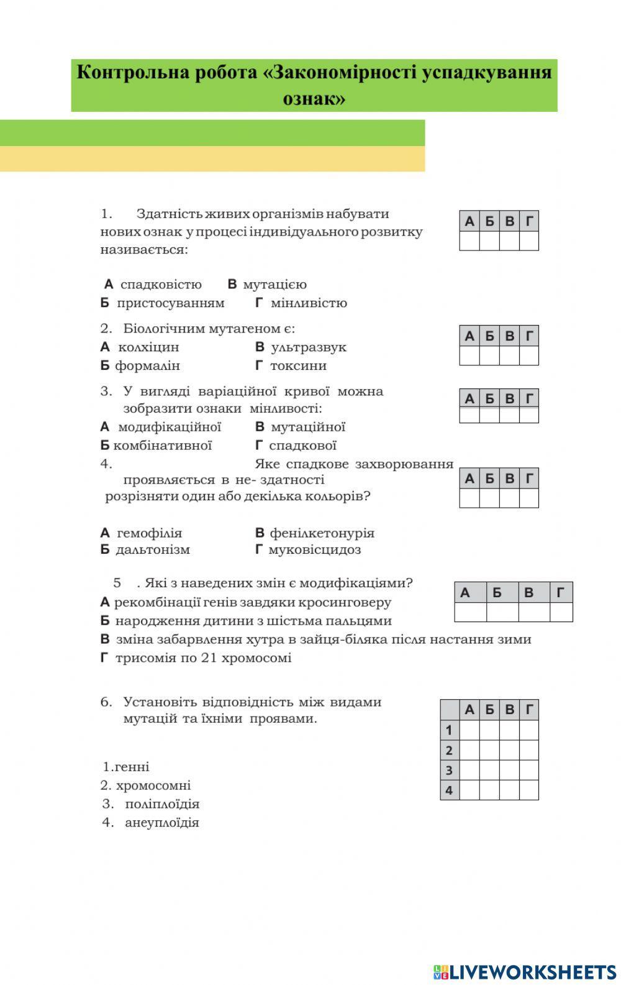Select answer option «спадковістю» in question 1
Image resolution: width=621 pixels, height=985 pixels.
coord(161,285)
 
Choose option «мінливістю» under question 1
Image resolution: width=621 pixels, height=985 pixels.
coord(309,303)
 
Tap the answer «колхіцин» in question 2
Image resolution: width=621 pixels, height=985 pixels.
coord(148,347)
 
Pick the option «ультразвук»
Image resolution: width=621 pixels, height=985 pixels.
coord(309,347)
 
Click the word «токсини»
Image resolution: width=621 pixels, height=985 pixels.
coord(298,365)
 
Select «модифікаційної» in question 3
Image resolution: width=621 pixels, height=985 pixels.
coord(170,427)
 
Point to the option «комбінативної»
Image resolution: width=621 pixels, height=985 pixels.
coord(163,445)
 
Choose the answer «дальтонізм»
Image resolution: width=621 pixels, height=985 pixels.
coord(153,549)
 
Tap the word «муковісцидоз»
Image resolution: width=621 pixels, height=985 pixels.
coord(314,549)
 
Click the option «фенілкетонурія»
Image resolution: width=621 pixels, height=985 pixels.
coord(322,533)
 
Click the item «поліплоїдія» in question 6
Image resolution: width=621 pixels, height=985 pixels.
coord(162,804)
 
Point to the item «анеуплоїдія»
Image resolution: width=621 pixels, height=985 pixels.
coord(162,822)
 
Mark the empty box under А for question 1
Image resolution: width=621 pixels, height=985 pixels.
coord(469,241)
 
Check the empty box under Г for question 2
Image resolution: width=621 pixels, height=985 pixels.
coord(529,355)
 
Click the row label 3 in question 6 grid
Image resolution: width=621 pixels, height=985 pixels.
coord(449,770)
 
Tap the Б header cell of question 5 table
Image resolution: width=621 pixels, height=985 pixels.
coord(497,593)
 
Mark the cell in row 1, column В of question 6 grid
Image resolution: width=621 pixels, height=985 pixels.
coord(509,730)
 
